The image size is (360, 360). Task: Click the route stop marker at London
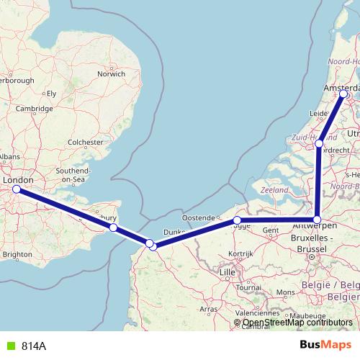click(16, 189)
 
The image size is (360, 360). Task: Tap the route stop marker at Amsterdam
click(343, 94)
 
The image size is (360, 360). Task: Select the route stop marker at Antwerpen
click(317, 219)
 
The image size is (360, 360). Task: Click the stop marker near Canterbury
click(113, 228)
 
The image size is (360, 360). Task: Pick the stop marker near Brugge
click(237, 220)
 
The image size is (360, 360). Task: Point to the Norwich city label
click(112, 73)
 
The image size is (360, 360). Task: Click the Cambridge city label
click(35, 108)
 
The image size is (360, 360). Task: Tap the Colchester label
click(85, 143)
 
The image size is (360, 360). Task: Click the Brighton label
click(18, 254)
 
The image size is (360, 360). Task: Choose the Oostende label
click(199, 217)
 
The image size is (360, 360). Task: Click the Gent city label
click(271, 230)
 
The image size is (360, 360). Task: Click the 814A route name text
click(34, 346)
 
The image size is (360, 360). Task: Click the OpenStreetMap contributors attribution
click(296, 322)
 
